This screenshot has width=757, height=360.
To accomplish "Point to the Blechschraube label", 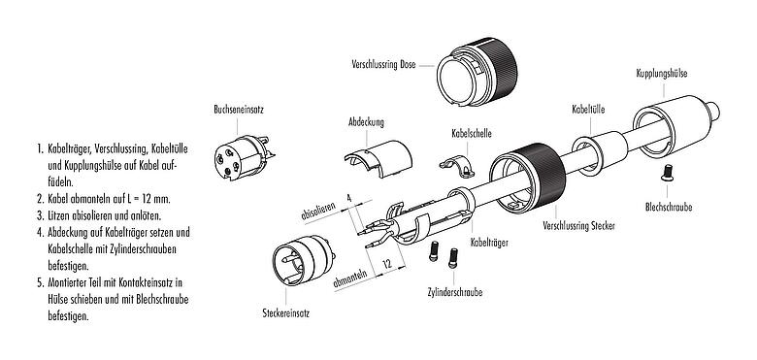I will click(669, 207).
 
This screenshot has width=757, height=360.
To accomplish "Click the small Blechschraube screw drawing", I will click(668, 175).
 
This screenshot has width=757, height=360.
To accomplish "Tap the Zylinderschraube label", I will click(453, 291).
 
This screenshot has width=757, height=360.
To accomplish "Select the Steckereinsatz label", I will click(286, 313).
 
